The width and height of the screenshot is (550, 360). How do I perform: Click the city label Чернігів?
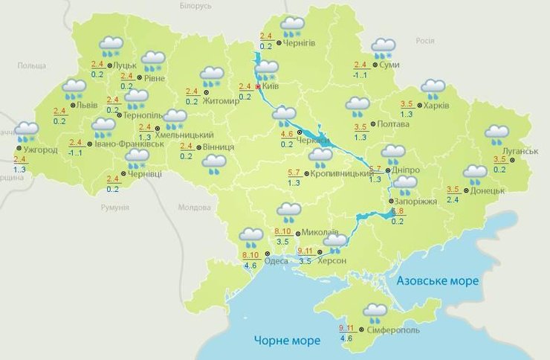pos(299,43)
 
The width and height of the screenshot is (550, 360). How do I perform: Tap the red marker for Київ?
pos(258,87)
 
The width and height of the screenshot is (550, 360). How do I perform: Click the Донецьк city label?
pos(488,190)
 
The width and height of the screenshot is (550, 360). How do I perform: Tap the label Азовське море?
pos(437,281)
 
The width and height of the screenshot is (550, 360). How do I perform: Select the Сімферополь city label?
pos(393,330)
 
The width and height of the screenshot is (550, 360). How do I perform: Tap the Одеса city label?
pos(276,260)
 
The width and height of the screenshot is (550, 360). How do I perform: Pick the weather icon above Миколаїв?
pos(288,213)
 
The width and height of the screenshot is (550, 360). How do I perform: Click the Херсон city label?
pos(331,260)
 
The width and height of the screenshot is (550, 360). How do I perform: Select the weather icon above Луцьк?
pos(111,47)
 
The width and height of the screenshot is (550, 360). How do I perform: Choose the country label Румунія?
pos(115,208)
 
